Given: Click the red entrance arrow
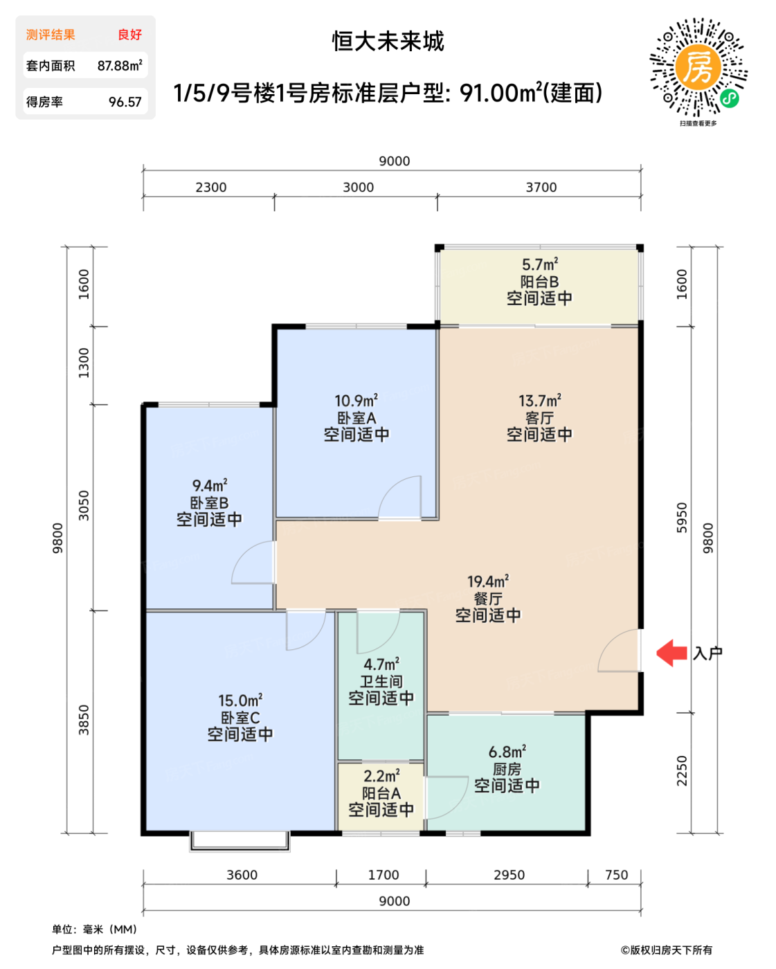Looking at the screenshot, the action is tap(671, 653).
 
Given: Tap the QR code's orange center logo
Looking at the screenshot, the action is tap(698, 68).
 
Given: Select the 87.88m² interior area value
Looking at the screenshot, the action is tap(120, 65).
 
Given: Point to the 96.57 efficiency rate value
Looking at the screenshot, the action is tap(125, 102).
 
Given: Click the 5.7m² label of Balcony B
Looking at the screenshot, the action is tap(539, 264).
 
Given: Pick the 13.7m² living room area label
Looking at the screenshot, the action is tap(539, 400).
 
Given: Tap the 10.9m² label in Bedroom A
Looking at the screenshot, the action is tap(356, 400).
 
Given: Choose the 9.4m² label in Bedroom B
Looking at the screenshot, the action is tap(210, 485).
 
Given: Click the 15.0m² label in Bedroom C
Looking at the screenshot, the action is tap(240, 700).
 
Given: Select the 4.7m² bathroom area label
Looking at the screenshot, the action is tap(381, 664).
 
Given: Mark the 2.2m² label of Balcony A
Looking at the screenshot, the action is tap(381, 776).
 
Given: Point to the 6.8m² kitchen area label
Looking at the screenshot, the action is tap(507, 752).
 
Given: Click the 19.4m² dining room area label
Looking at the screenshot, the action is tap(488, 581).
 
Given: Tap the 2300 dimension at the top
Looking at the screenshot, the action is tap(210, 188).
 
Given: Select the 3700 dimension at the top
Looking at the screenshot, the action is tap(541, 188).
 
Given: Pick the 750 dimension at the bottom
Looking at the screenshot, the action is tap(616, 875).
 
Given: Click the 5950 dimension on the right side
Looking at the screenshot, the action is tap(682, 518).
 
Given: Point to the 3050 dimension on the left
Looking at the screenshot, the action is tap(84, 506).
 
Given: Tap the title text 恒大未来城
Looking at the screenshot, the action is tap(388, 42).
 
